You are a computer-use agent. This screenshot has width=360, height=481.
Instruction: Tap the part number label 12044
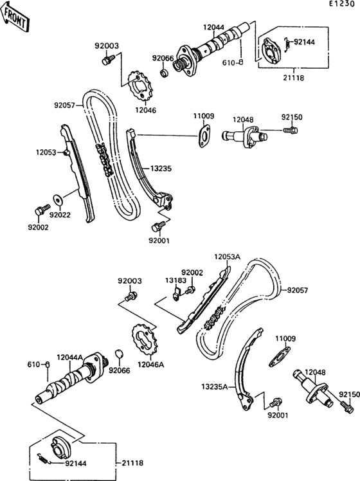tap(213, 27)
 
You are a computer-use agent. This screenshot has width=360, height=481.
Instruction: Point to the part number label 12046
tap(145, 111)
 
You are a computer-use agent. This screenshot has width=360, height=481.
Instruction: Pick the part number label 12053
tap(46, 152)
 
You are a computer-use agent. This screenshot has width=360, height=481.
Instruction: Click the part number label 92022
tap(60, 215)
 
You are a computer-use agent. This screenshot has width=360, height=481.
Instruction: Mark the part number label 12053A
tap(227, 257)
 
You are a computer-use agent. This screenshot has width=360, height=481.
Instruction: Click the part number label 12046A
tap(152, 365)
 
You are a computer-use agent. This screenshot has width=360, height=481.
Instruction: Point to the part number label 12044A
tap(69, 357)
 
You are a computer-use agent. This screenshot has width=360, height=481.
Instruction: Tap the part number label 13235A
tap(214, 386)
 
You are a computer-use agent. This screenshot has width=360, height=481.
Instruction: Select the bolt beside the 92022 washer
tap(40, 210)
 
